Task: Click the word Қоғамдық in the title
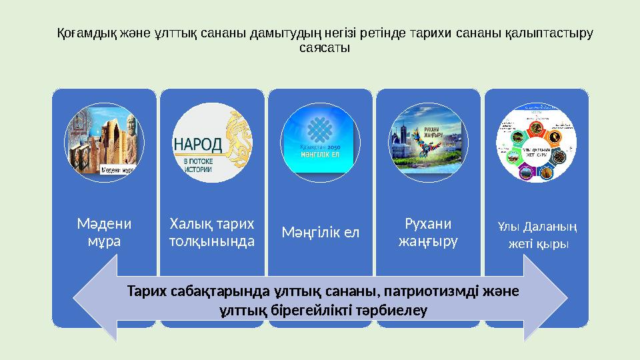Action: tap(82, 33)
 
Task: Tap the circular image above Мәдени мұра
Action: tap(105, 143)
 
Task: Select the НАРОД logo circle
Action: tap(213, 143)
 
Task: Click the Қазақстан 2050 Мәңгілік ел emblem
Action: tap(321, 143)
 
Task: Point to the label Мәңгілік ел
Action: tap(321, 233)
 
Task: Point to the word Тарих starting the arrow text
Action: tap(145, 292)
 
